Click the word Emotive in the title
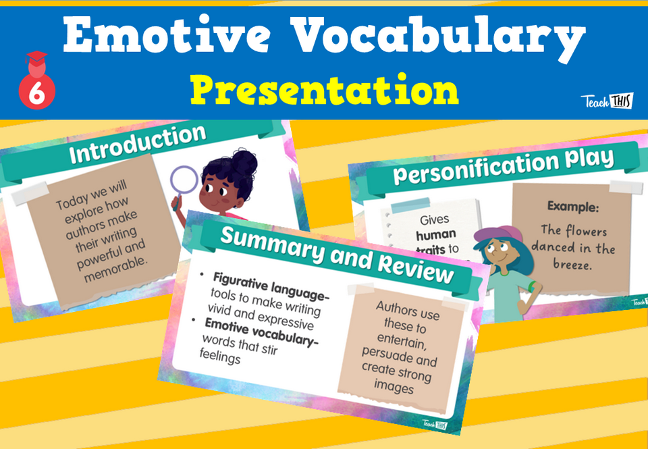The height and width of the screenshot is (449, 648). click(x=159, y=38)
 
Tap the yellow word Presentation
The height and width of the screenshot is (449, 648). click(x=324, y=90)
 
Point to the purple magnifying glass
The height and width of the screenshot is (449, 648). click(x=184, y=181)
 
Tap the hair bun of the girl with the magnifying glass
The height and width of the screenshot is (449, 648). click(x=243, y=162)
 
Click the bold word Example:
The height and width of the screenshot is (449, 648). click(x=573, y=205)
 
